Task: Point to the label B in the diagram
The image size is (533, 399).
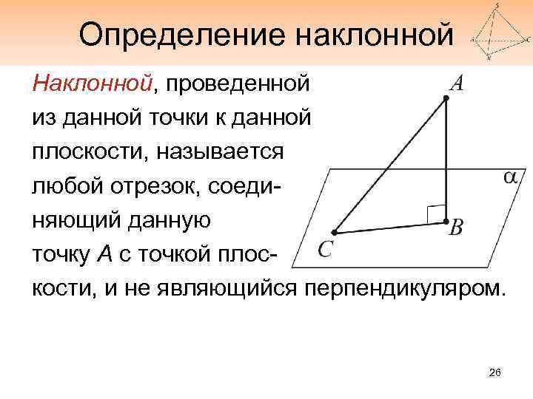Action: pos(457,228)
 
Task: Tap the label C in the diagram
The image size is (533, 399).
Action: pos(324,249)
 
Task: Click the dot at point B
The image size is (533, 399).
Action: pos(446,221)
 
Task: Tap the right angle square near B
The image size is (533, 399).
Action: pos(436,212)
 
